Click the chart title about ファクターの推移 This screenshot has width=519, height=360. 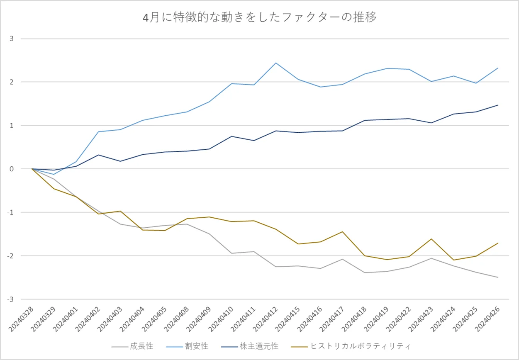(x=259, y=18)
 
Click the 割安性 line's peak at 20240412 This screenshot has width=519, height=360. (x=276, y=63)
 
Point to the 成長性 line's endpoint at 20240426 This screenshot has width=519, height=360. (x=498, y=277)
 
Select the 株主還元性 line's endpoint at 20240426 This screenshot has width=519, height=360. (x=498, y=105)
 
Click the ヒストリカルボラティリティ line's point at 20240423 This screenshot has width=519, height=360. (x=431, y=239)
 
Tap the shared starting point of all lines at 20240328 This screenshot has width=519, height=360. (x=32, y=169)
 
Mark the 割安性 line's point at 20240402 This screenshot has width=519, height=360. (x=98, y=131)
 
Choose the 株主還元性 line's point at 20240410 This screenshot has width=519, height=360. (x=231, y=136)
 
